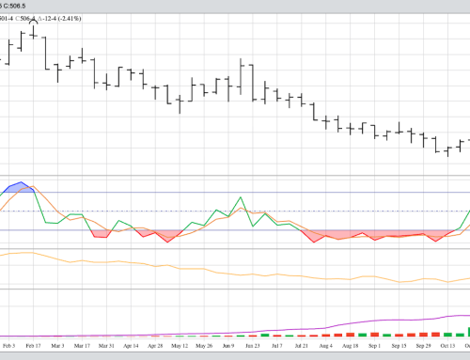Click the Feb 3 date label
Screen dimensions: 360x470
pos(8,346)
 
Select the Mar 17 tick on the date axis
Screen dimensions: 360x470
pos(82,346)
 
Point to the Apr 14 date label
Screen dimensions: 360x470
pos(131,346)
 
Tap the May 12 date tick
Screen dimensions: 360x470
pos(179,346)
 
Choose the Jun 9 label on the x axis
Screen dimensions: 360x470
pos(227,346)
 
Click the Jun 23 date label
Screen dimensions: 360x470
pos(251,346)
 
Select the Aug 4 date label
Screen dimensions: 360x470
pos(325,346)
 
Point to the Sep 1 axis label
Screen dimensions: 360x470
pos(374,346)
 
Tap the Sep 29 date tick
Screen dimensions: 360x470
pos(423,346)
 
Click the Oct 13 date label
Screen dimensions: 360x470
pos(447,346)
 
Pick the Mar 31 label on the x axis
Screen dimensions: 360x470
pos(106,346)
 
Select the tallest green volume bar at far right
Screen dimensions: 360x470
pos(468,330)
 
